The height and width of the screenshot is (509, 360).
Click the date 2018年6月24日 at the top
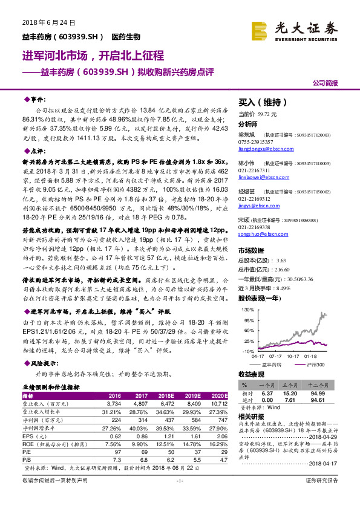coord(44,22)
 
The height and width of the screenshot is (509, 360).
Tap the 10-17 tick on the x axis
coord(295,356)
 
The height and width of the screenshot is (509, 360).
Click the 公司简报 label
coord(326,82)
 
